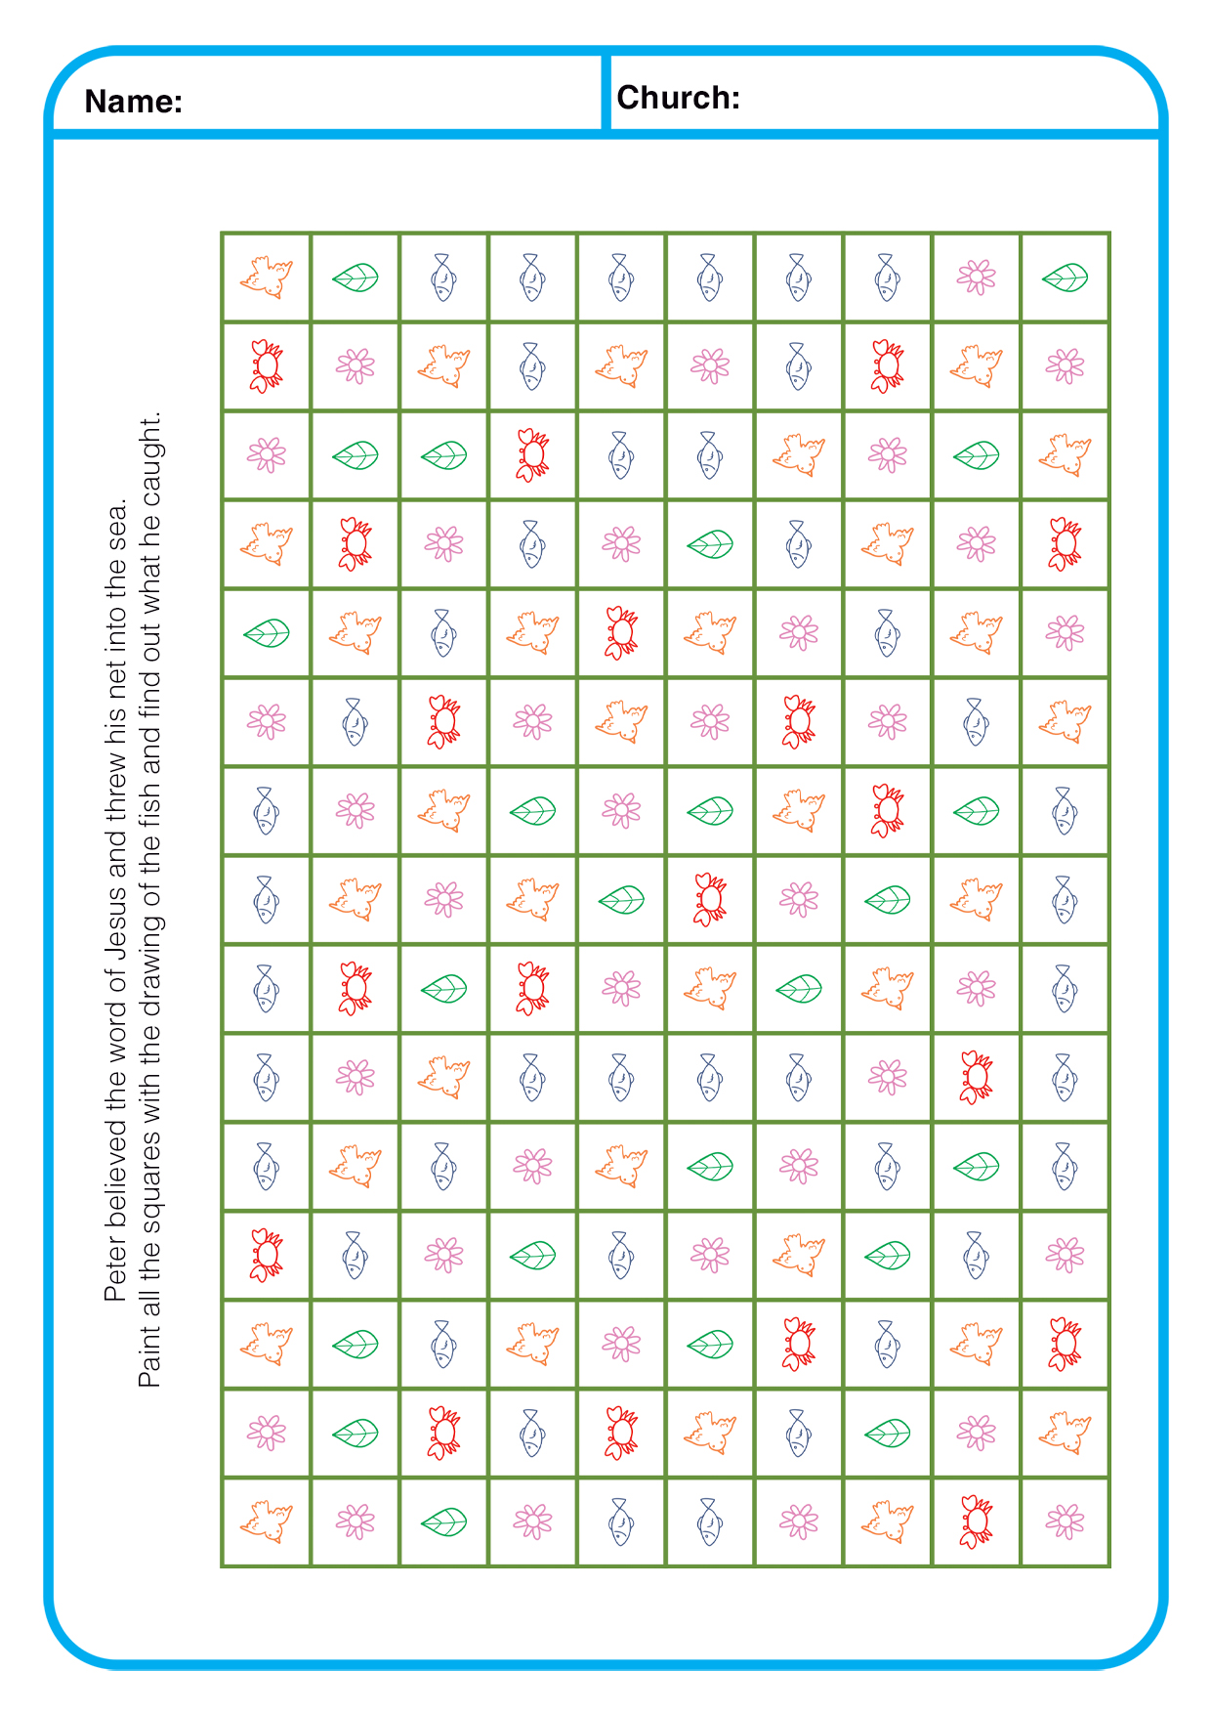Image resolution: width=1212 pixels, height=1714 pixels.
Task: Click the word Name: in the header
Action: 134,102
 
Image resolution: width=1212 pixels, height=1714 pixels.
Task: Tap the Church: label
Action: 678,98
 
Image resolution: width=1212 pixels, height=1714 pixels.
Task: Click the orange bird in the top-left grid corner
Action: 267,278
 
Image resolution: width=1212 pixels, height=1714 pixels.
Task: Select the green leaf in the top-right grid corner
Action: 1065,278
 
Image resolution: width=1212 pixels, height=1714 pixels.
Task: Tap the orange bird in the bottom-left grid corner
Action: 267,1521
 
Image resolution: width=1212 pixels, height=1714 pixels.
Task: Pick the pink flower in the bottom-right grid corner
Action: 1065,1521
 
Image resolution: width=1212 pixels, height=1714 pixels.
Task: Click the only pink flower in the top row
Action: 976,278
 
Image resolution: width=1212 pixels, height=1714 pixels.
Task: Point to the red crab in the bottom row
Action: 976,1521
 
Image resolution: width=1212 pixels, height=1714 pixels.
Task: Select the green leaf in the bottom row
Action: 443,1521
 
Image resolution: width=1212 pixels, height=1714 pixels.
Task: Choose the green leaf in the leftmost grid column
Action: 267,633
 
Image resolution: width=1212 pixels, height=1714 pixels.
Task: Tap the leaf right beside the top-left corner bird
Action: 355,278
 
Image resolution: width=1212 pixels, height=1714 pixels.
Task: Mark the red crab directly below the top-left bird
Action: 267,366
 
